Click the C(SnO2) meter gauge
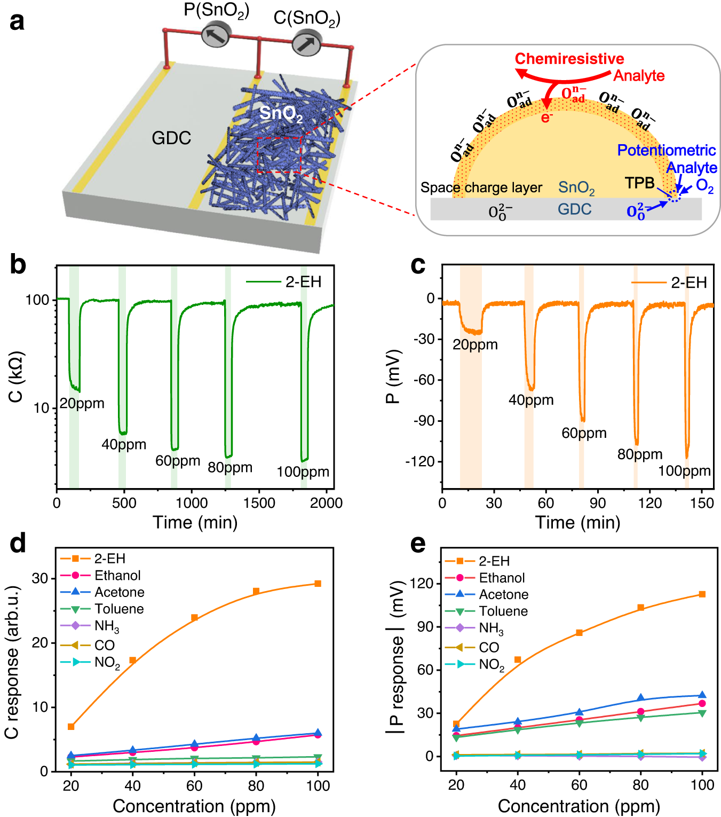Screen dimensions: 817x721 tap(306, 43)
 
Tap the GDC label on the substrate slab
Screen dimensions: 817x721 tap(171, 138)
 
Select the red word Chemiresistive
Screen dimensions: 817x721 tap(569, 59)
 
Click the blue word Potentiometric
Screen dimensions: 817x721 tap(666, 151)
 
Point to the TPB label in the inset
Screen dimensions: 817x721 tap(639, 183)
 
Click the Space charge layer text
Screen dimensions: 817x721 tap(481, 187)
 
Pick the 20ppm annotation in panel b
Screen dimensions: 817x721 tap(82, 403)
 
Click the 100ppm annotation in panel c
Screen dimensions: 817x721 tap(684, 471)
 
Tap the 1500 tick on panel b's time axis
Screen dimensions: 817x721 tap(259, 503)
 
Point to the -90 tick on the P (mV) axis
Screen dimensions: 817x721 tap(424, 421)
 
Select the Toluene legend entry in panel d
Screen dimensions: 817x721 tap(119, 609)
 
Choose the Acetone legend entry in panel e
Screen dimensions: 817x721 tap(503, 595)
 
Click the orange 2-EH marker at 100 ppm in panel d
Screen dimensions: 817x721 tap(318, 584)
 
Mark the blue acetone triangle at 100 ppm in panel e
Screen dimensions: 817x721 tap(702, 695)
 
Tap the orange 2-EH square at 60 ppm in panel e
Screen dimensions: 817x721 tap(579, 633)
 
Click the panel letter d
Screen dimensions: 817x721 tap(18, 544)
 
